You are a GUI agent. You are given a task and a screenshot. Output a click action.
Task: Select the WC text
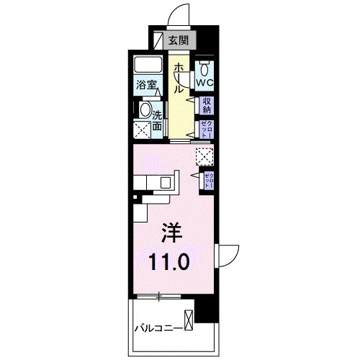205,83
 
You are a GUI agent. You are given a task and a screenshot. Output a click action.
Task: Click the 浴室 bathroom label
146,85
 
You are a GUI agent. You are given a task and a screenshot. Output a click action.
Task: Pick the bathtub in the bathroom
150,66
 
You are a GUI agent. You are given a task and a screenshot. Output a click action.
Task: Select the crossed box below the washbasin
142,131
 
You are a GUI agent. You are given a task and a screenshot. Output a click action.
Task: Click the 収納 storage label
206,106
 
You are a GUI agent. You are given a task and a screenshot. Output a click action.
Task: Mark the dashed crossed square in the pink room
204,153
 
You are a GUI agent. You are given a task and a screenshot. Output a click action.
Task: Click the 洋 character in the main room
171,234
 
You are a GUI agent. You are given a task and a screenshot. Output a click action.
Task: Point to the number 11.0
171,261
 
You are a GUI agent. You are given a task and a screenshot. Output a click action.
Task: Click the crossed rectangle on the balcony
189,319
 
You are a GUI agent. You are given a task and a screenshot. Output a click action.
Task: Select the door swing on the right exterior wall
228,256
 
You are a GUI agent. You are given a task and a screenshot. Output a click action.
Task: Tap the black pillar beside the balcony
208,309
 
